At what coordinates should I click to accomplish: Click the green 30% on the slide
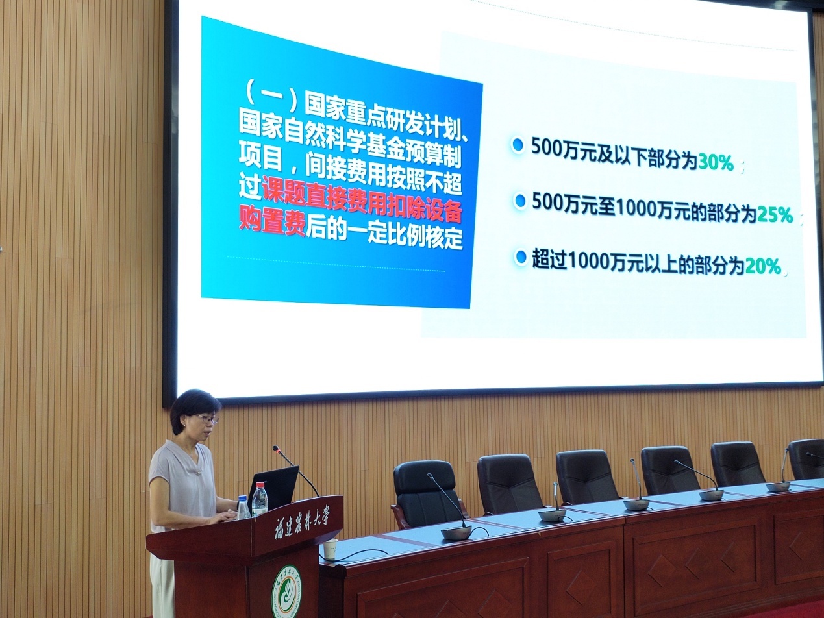pyautogui.click(x=716, y=163)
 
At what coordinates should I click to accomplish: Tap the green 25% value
pyautogui.click(x=775, y=216)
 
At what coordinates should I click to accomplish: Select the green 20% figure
pyautogui.click(x=763, y=267)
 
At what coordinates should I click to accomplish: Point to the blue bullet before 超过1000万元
pyautogui.click(x=521, y=257)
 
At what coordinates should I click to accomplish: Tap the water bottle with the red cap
pyautogui.click(x=260, y=500)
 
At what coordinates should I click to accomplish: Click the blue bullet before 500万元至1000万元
pyautogui.click(x=520, y=201)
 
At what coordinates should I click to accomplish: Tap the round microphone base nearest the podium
pyautogui.click(x=456, y=532)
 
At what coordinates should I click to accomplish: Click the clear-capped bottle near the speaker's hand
pyautogui.click(x=243, y=508)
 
